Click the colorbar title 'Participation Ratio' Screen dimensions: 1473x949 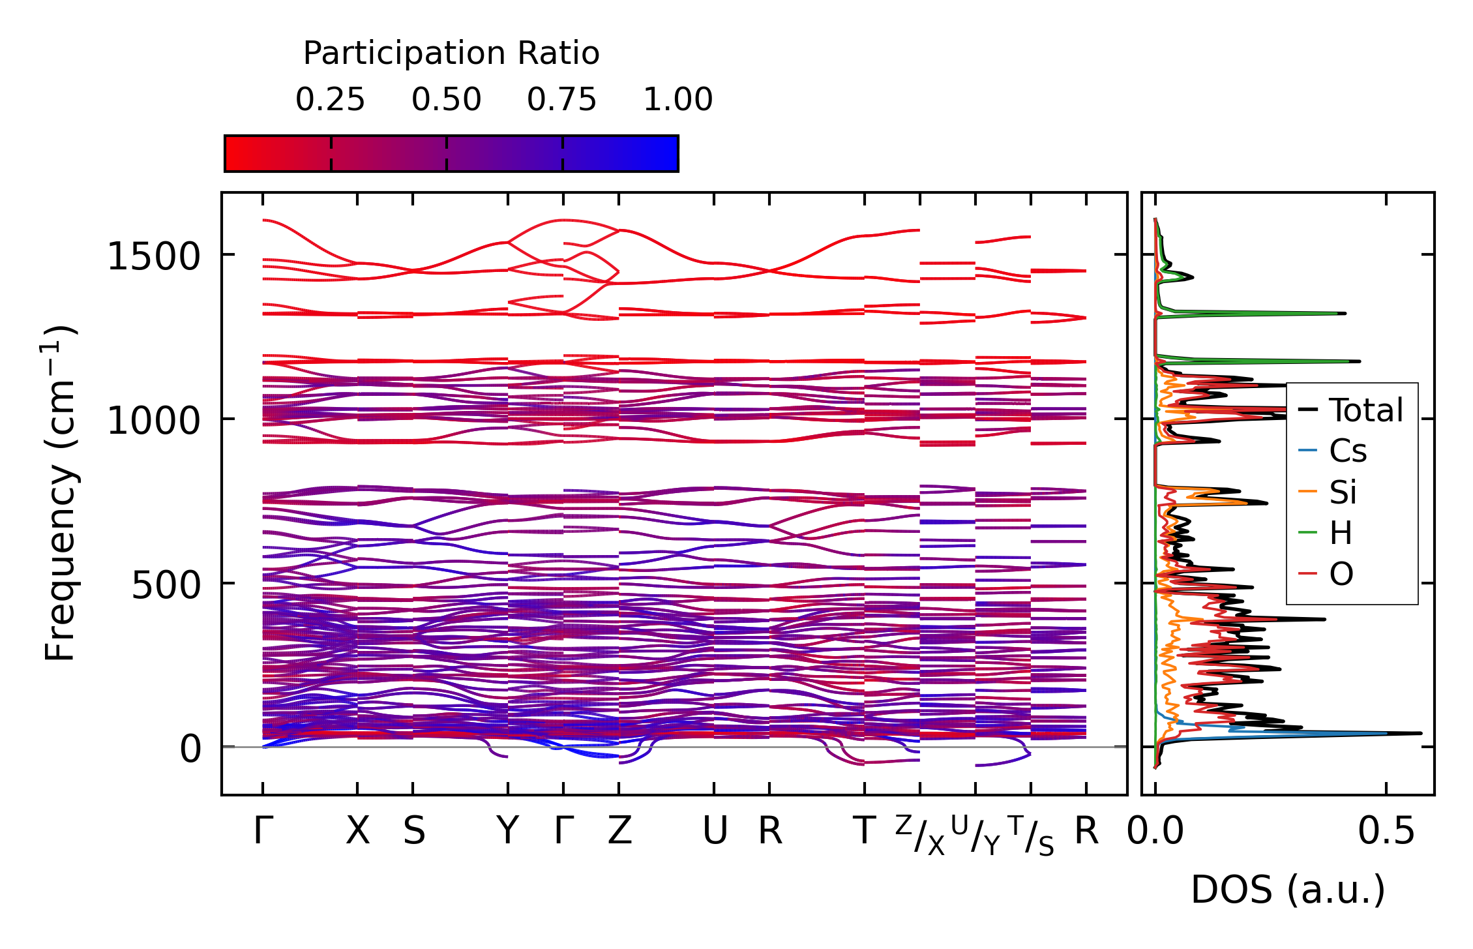pos(451,53)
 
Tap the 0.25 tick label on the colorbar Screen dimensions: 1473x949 pos(331,100)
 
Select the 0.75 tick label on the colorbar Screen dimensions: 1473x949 pos(562,100)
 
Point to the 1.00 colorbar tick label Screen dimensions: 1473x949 pos(678,100)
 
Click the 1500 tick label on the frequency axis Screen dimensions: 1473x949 pos(153,256)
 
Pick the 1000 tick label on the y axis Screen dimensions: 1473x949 pos(153,420)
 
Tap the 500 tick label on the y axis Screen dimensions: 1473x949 pos(166,584)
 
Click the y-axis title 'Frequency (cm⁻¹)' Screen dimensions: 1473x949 pos(60,493)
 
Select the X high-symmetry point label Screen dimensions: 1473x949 pos(357,831)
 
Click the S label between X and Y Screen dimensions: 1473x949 pos(413,831)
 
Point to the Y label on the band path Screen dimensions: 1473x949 pos(507,831)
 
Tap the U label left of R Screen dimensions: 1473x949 pos(715,831)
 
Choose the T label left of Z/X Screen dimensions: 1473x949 pos(865,831)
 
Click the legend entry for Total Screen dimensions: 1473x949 pos(1350,410)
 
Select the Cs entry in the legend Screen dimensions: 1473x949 pos(1333,451)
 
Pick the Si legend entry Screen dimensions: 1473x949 pos(1328,492)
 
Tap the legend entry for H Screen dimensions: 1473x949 pos(1325,534)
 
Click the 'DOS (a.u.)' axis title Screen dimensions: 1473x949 pos(1288,890)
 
